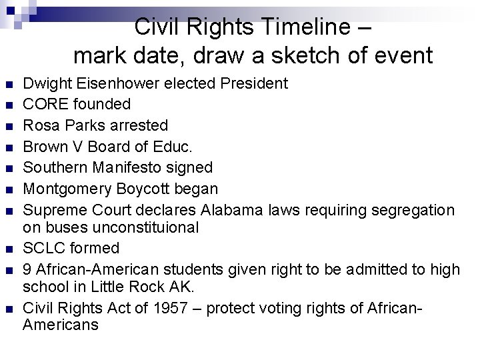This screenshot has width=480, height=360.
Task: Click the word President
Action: [253, 84]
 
